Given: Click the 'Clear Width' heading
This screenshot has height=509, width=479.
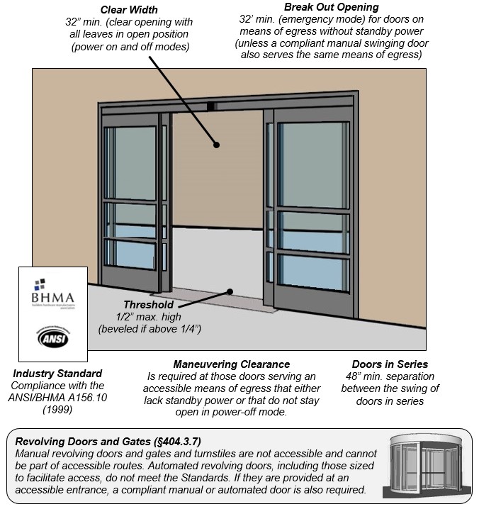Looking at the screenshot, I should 128,9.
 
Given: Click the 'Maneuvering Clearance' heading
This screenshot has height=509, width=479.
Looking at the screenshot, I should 231,364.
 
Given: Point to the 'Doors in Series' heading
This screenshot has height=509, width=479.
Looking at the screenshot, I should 390,364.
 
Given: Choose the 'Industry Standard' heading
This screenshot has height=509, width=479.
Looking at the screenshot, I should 57,374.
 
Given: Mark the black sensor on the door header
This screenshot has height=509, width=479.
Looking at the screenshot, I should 210,106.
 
